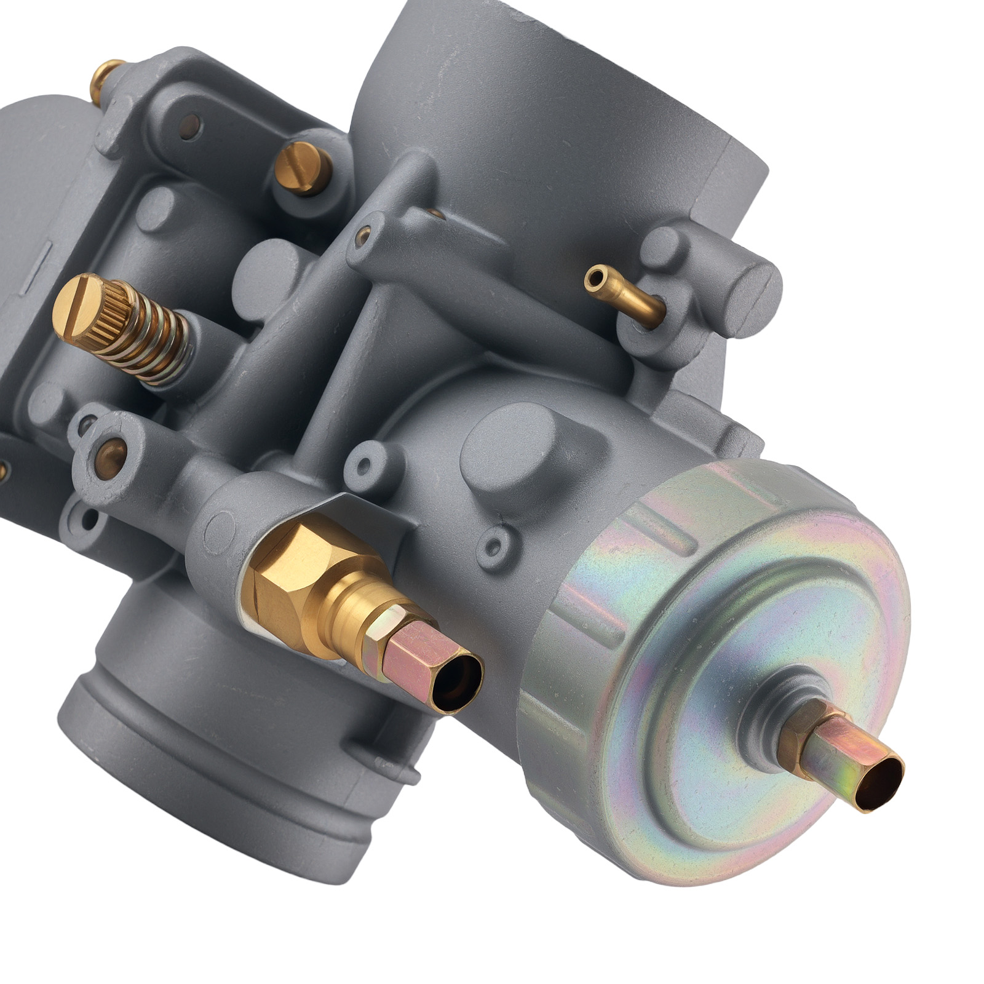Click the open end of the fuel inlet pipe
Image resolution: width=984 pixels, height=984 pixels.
(x=458, y=681)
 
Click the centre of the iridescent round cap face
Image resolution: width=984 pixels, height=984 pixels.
(x=738, y=695)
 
